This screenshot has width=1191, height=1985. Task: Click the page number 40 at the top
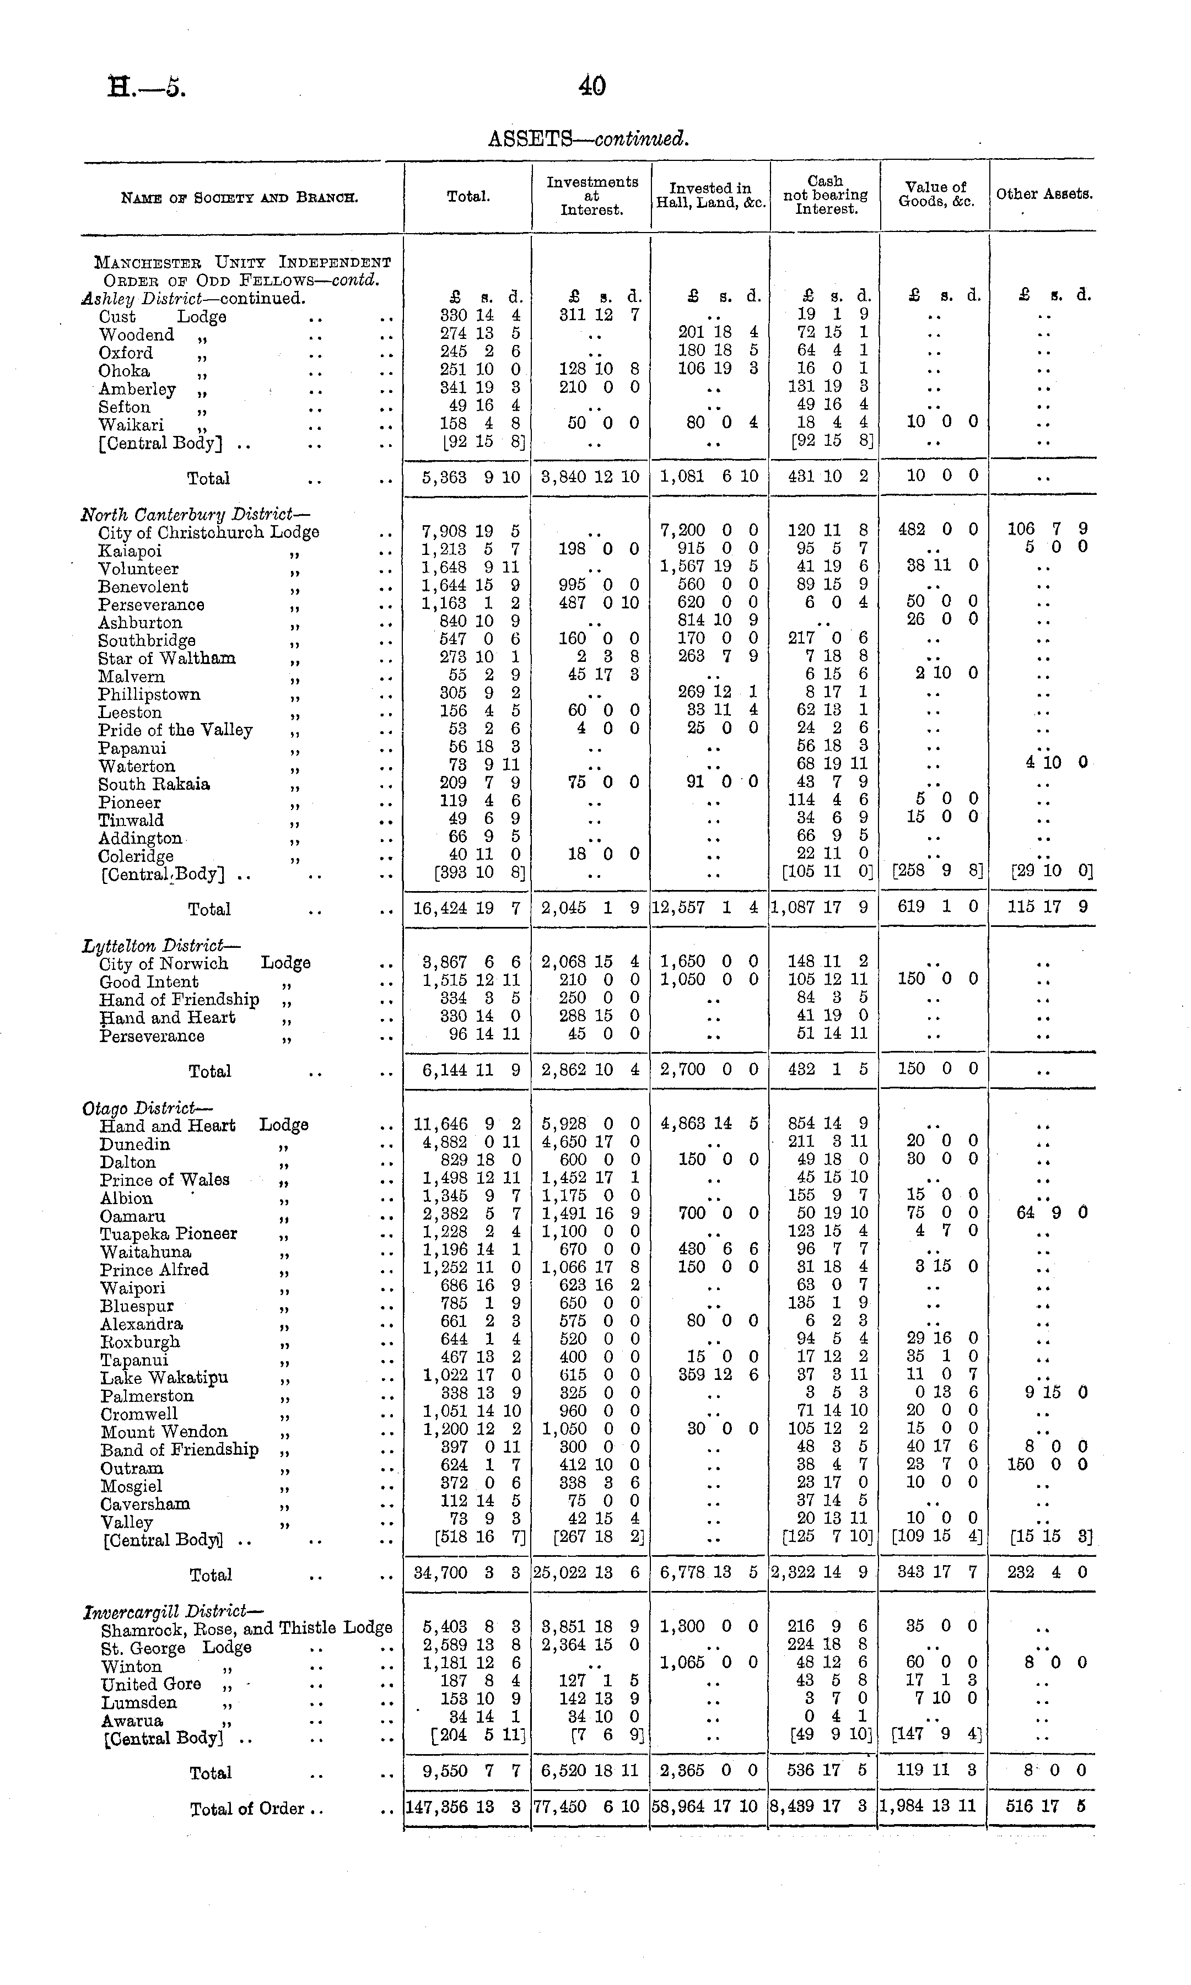[x=592, y=86]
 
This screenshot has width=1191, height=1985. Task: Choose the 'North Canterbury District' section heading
[x=195, y=514]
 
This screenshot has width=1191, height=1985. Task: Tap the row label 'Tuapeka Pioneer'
[x=169, y=1233]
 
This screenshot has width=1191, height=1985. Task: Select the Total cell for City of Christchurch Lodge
[x=470, y=531]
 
